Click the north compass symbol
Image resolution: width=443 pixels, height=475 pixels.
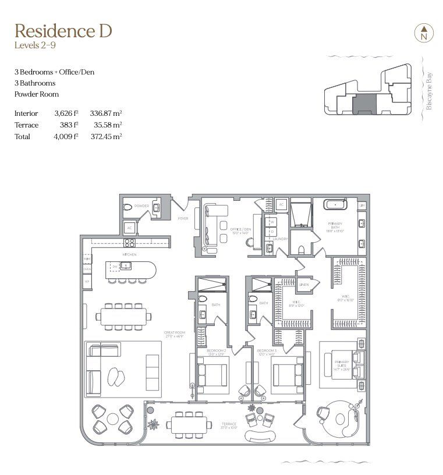[423, 33]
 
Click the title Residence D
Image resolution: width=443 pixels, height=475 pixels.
[63, 30]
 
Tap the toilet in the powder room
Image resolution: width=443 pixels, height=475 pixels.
[129, 207]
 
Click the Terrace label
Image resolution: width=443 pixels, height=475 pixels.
[228, 424]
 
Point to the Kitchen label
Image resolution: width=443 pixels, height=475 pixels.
[129, 255]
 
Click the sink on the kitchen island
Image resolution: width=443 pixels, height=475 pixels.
[125, 266]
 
